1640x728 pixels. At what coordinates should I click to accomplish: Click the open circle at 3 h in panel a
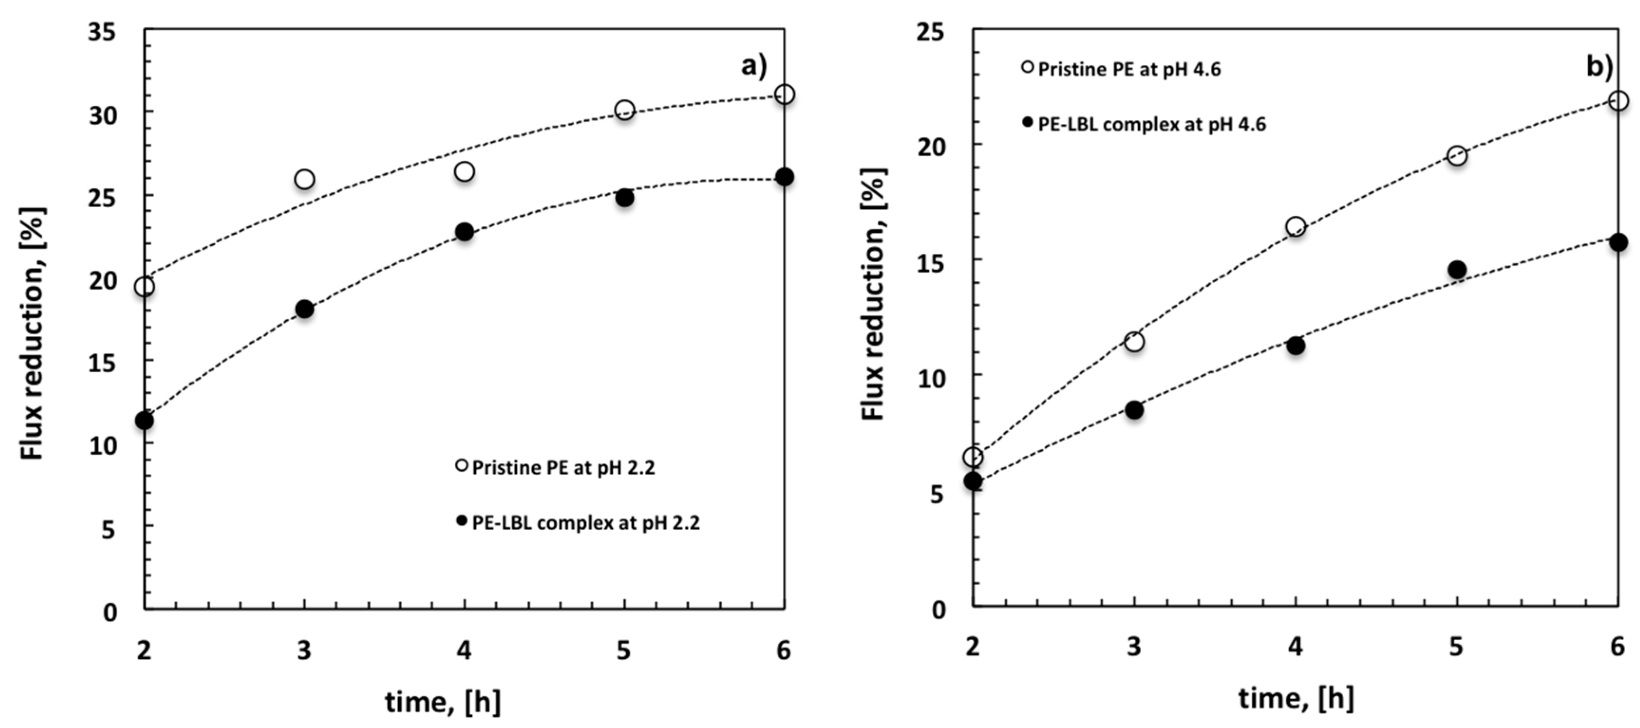click(x=304, y=179)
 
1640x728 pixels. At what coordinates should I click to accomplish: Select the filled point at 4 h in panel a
click(x=465, y=231)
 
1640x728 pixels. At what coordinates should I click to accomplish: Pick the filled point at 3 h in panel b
click(x=1134, y=410)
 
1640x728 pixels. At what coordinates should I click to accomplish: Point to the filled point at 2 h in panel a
click(x=144, y=421)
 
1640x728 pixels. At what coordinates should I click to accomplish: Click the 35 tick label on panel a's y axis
click(x=103, y=32)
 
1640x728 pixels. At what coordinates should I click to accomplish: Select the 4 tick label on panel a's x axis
click(x=464, y=650)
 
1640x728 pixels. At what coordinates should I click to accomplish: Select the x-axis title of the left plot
click(x=442, y=702)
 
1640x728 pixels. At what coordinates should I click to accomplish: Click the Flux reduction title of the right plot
click(x=873, y=294)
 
